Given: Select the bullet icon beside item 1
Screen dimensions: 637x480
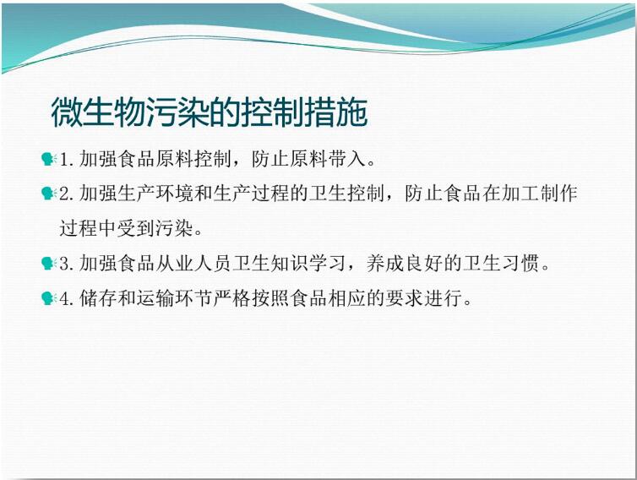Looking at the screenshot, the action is coord(49,159).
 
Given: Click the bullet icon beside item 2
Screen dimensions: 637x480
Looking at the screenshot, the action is coord(49,194).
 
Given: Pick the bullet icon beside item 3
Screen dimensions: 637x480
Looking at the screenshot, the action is coord(49,264).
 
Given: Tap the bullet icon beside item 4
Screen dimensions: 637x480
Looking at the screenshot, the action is coord(49,298).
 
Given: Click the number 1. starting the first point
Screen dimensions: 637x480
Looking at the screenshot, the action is coord(67,160).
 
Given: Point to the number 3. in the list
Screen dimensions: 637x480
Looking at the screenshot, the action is coord(67,264).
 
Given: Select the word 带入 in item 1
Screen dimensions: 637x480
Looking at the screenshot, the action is coord(348,159).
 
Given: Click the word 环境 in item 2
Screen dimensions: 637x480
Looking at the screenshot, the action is coord(175,194).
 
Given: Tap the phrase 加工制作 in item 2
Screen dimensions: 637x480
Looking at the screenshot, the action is coord(540,194).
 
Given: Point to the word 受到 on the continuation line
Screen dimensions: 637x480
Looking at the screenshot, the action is coord(136,228).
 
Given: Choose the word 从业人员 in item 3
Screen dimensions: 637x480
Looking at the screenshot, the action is coord(193,264).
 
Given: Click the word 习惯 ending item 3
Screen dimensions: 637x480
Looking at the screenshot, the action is coord(520,264).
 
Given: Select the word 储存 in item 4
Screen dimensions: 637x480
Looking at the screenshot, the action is coord(98,298).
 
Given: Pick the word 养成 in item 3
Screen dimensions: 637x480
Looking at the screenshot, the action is coord(385,264).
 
